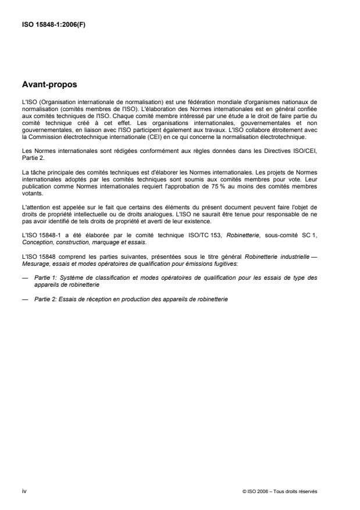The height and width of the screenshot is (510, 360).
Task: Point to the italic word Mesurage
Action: click(x=34, y=262)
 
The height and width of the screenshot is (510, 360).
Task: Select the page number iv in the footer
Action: click(x=23, y=491)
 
